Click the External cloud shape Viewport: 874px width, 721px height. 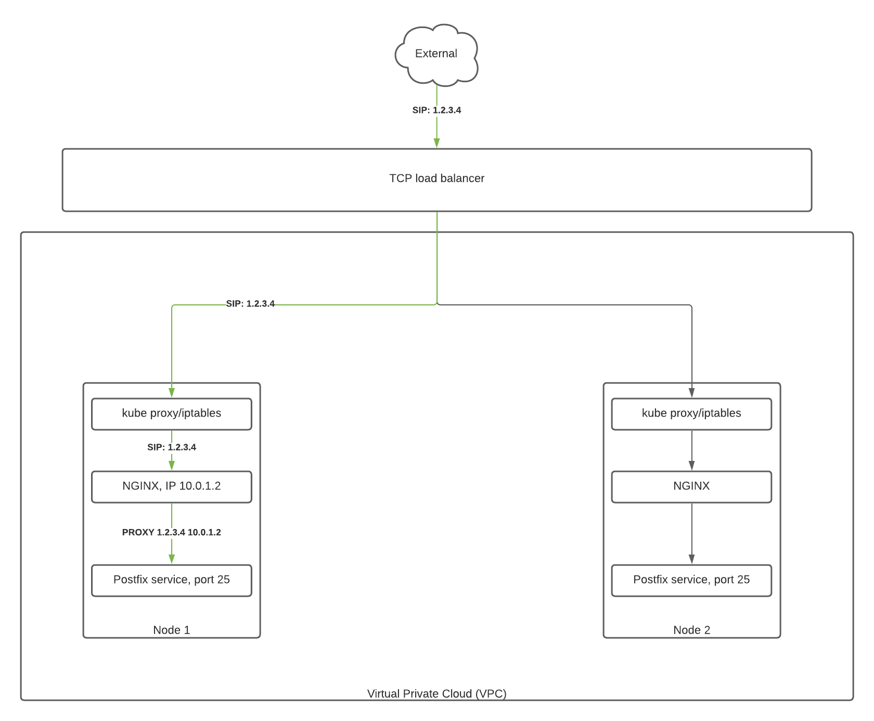436,54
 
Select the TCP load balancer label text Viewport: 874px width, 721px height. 436,178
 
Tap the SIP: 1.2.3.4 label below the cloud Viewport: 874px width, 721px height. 436,110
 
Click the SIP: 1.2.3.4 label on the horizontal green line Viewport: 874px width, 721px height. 250,304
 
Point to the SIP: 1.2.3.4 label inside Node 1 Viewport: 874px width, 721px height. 172,447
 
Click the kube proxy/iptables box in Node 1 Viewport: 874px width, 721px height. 172,414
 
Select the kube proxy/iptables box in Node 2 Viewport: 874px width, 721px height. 691,414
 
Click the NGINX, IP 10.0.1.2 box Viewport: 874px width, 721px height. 172,486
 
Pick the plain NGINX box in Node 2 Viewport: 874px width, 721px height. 691,486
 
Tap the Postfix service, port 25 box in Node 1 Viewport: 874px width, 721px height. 172,580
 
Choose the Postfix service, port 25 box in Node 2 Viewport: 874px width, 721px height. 691,580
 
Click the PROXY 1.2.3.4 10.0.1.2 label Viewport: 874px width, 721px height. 172,532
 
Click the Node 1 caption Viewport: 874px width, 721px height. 172,630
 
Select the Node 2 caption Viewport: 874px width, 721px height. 691,630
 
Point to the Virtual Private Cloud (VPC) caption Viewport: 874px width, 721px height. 436,693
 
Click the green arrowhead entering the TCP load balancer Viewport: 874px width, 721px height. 437,143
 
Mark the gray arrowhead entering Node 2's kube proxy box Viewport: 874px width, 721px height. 691,393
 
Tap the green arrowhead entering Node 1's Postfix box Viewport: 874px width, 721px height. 172,559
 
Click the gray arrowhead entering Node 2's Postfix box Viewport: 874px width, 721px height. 691,559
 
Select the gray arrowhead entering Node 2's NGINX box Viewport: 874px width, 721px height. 691,466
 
